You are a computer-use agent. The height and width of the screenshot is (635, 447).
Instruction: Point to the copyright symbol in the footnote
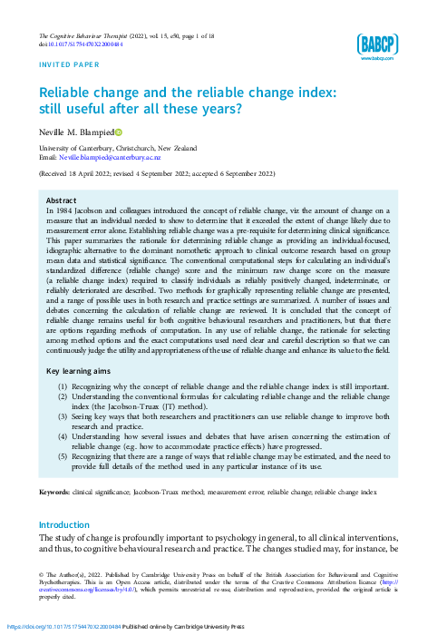pos(41,574)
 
